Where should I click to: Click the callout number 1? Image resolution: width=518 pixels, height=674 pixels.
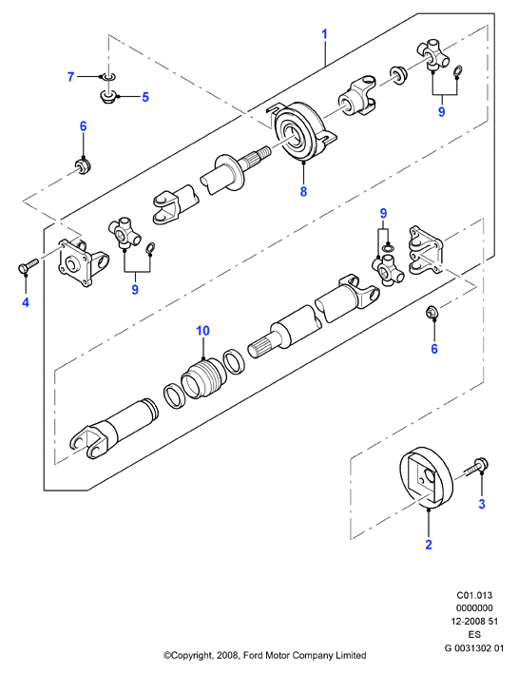324,34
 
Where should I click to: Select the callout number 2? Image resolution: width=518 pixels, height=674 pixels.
428,545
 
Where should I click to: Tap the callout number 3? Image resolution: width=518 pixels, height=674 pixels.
482,504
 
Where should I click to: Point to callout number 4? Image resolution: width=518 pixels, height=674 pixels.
26,302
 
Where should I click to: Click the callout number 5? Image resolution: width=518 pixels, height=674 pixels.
145,97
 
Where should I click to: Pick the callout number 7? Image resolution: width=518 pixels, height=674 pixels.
71,76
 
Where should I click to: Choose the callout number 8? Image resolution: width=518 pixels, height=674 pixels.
303,191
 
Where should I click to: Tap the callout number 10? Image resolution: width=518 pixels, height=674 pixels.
202,331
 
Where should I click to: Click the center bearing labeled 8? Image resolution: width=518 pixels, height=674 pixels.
303,132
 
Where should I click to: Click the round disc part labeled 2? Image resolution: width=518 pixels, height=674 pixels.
427,478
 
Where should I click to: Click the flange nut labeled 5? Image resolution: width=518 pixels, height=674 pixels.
107,95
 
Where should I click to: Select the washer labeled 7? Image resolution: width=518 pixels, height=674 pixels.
108,77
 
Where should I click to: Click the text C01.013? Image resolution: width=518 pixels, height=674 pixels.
474,595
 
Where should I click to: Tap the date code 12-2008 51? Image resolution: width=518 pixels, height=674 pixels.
474,621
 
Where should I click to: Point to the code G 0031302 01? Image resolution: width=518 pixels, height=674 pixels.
474,647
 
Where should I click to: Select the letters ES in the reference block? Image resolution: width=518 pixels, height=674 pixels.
474,634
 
